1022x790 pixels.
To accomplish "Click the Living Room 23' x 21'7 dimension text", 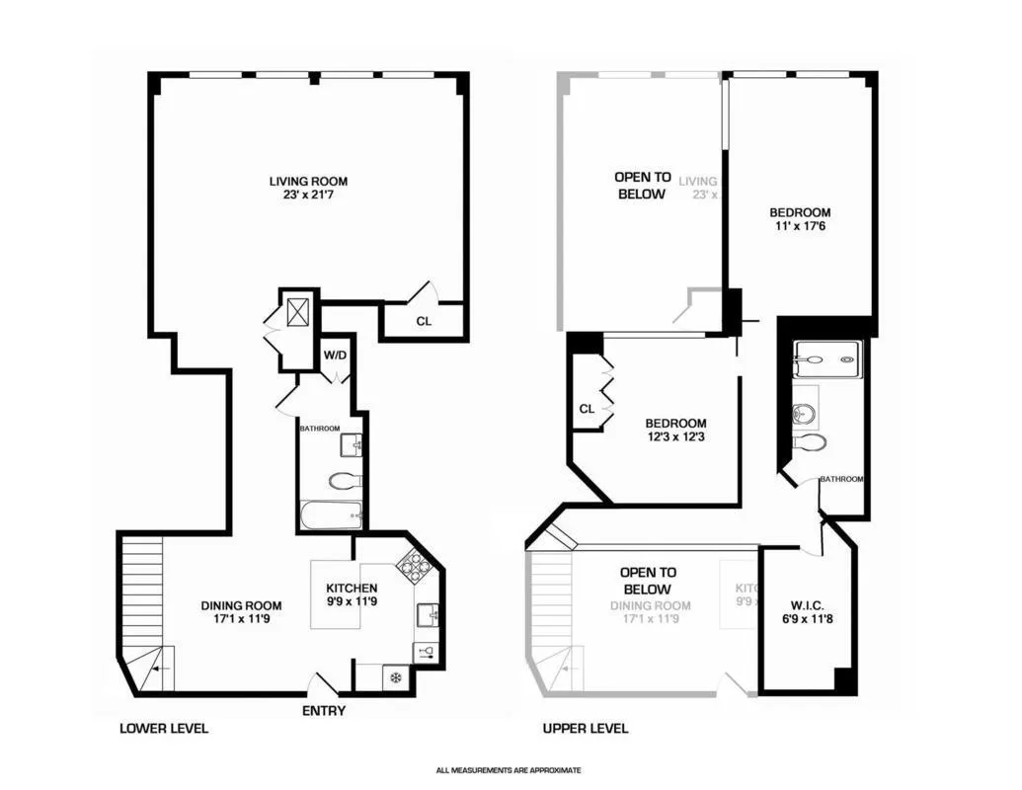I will [308, 197].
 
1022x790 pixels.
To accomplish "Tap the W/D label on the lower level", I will [335, 355].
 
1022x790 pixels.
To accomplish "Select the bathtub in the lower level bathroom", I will [331, 514].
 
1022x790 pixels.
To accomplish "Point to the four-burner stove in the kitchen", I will [412, 565].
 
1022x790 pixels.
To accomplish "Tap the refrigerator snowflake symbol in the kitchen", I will [394, 678].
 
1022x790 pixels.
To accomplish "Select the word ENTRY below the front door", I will [322, 711].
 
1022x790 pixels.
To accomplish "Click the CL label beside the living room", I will [423, 321].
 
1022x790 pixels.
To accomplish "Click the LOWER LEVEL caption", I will [164, 729].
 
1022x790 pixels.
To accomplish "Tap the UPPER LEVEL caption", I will [586, 729].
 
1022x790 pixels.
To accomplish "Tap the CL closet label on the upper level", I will [587, 408].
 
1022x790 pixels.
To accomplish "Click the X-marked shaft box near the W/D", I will [298, 311].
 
